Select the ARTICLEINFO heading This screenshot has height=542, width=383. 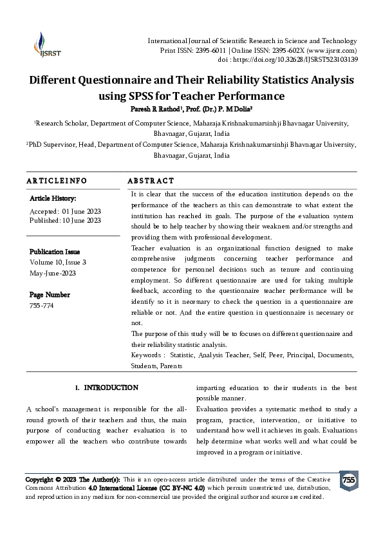click(57, 181)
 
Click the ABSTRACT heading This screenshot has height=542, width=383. click(151, 181)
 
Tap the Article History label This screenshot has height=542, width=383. click(53, 199)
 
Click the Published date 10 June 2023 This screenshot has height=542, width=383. click(82, 221)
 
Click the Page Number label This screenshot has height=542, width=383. click(50, 294)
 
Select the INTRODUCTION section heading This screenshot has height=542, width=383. click(111, 388)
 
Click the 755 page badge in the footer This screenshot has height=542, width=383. click(348, 480)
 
